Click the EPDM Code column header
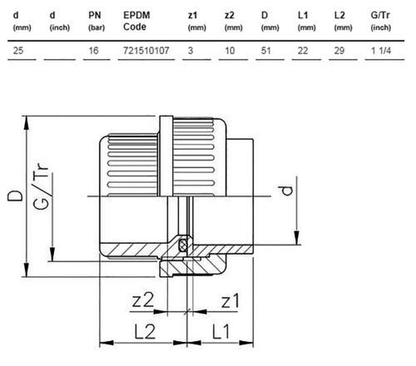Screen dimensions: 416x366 [x=136, y=21]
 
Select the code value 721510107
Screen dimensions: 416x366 [x=146, y=51]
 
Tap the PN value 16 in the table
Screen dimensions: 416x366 [x=93, y=51]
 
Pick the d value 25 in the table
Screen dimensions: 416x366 [x=18, y=51]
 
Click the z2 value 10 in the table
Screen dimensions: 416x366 [x=230, y=51]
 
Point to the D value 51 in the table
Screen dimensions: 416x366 [x=266, y=51]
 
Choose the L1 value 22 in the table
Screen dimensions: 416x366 [x=303, y=51]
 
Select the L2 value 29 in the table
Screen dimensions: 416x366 [x=339, y=51]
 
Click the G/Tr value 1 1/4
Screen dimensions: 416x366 [x=381, y=51]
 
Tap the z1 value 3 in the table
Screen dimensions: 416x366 [x=191, y=51]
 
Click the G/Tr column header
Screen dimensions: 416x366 [x=381, y=21]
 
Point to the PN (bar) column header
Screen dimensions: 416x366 [x=97, y=21]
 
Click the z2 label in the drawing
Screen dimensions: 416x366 [x=143, y=300]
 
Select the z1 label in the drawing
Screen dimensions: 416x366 [x=230, y=301]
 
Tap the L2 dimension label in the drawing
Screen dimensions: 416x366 [x=145, y=331]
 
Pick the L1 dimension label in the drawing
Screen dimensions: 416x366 [x=221, y=331]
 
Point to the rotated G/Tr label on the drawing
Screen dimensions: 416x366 [x=41, y=186]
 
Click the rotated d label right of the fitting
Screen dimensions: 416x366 [x=285, y=190]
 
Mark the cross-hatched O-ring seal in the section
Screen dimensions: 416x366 [x=183, y=245]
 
